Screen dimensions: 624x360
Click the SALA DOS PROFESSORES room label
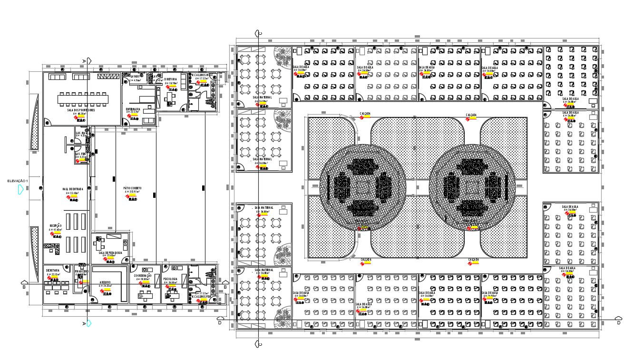81,110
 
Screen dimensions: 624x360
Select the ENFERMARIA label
133,109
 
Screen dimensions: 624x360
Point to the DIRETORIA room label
171,79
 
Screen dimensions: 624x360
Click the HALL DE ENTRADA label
73,189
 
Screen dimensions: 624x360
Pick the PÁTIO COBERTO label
132,188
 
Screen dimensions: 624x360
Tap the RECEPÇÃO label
55,225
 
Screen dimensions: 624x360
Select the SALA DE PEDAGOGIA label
110,253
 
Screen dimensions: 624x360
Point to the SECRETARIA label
53,270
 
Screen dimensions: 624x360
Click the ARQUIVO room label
105,282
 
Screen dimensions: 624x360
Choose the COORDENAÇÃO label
143,275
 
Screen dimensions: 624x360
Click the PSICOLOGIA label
170,279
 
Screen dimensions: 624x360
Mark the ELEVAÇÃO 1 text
18,181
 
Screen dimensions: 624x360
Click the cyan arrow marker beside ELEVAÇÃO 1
20,190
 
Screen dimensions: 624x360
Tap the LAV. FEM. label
79,154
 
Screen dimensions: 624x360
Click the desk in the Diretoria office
169,97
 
